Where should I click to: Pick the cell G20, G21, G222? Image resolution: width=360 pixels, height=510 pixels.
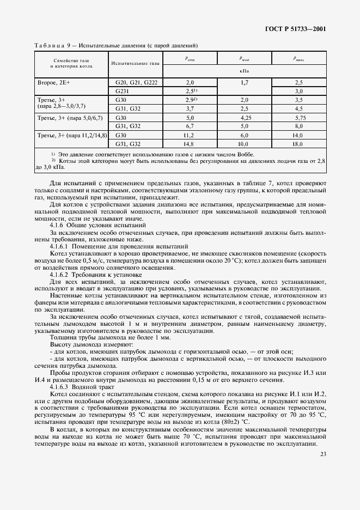click(x=136, y=81)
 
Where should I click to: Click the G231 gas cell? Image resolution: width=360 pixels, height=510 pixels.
click(x=121, y=90)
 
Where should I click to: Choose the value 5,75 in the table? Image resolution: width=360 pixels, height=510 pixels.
click(x=298, y=117)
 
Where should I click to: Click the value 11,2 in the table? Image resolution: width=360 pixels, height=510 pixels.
click(x=190, y=135)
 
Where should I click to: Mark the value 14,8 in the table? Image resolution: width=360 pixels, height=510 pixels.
click(x=190, y=144)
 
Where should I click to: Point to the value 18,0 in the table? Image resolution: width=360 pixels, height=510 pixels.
click(x=298, y=144)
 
